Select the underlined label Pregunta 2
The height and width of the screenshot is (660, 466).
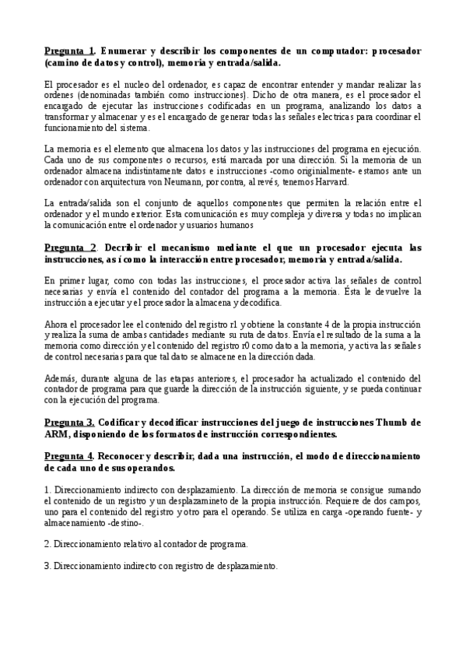tap(69, 247)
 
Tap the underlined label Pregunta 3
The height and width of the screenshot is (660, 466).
tap(69, 422)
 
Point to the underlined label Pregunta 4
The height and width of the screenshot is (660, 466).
tap(69, 455)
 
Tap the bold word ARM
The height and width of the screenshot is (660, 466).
tap(58, 434)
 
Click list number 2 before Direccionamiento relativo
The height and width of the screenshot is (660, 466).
tap(47, 542)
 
